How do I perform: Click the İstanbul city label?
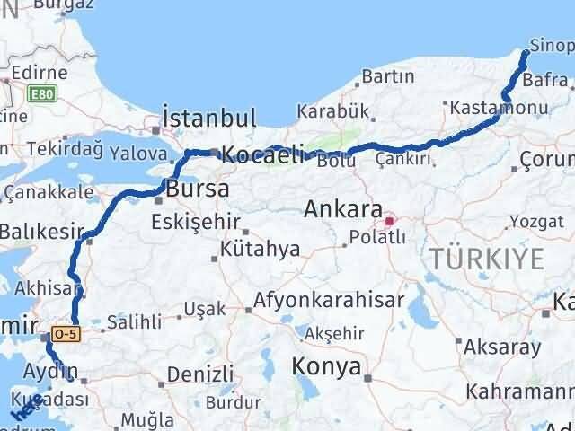pyautogui.click(x=209, y=118)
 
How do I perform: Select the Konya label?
pyautogui.click(x=326, y=366)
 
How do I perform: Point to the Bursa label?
pyautogui.click(x=196, y=189)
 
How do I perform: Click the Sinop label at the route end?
pyautogui.click(x=551, y=47)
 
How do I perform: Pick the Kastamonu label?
pyautogui.click(x=499, y=108)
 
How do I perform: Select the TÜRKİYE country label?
pyautogui.click(x=486, y=259)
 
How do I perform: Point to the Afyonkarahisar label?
pyautogui.click(x=329, y=300)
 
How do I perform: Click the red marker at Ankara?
pyautogui.click(x=389, y=220)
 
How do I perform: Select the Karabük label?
pyautogui.click(x=333, y=110)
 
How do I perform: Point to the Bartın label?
pyautogui.click(x=389, y=77)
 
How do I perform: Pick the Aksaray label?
pyautogui.click(x=503, y=345)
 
